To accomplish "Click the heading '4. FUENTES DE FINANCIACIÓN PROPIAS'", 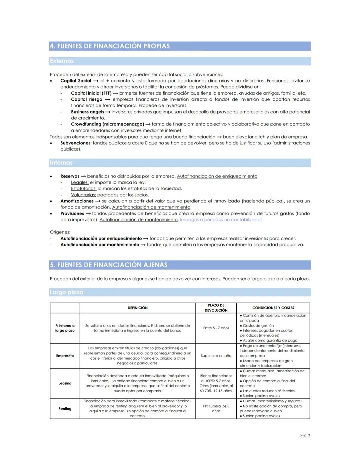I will coord(110,46).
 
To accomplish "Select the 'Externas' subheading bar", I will coord(62,61).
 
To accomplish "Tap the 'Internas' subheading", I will coord(61,163).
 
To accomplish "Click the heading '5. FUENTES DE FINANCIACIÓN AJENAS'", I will coord(109,265).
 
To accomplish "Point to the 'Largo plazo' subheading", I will coord(66,292).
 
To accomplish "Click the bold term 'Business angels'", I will coord(87,112).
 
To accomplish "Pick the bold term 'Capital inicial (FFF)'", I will coord(91,93).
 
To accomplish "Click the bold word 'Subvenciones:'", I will coord(76,143).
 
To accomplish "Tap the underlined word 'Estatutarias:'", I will coord(83,189).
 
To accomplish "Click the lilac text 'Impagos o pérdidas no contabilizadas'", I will coord(221,220).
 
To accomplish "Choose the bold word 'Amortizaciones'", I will coord(77,201).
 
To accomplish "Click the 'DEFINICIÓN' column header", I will coord(138,308).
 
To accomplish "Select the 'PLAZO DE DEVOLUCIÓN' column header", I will coord(216,308).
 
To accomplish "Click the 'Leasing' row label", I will coord(65,383).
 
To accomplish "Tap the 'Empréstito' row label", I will coord(65,356).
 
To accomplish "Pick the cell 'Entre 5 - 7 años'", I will coord(216,328).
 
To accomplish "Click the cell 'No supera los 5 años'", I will coord(216,408).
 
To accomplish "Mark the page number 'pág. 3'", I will coord(304,435).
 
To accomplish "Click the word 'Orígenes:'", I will coord(60,232).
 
